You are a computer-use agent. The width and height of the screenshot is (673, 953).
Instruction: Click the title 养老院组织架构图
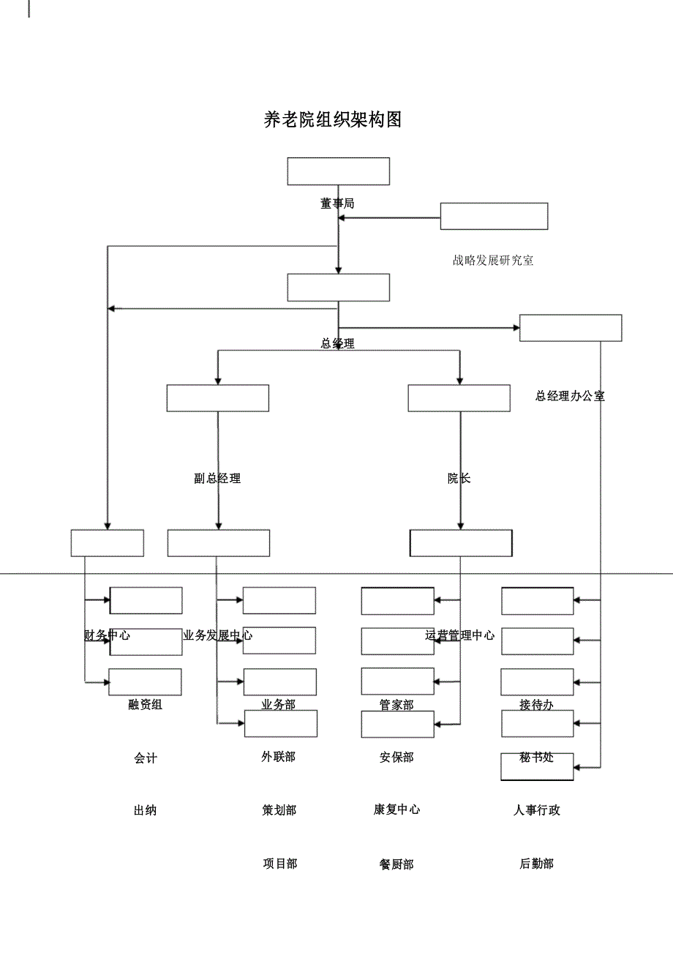tap(333, 120)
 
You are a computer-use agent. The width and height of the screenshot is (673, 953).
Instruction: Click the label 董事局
tap(337, 203)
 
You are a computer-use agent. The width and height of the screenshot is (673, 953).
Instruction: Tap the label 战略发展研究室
tap(493, 260)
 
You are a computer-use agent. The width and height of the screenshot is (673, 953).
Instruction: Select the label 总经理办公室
tap(570, 396)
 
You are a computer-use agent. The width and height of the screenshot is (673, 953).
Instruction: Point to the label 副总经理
tap(217, 479)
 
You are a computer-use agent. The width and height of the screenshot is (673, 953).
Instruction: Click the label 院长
tap(459, 479)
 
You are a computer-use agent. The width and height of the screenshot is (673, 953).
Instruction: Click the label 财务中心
tap(108, 635)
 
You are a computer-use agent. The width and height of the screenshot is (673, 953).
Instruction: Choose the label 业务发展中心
tap(217, 635)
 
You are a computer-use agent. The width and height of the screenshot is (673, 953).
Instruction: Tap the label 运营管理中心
tap(459, 635)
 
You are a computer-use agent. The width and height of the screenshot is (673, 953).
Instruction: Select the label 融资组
tap(145, 705)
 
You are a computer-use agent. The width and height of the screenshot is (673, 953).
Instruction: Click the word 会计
tap(145, 759)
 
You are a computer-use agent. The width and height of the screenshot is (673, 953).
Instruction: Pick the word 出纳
tap(145, 810)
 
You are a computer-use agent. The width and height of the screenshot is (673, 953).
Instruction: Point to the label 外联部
tap(279, 757)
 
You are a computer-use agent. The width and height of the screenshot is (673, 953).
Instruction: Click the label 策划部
tap(279, 810)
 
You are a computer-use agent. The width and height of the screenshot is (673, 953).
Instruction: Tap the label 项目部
tap(279, 864)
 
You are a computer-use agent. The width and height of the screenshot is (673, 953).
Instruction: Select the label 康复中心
tap(396, 810)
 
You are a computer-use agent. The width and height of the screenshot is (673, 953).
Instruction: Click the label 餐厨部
tap(396, 864)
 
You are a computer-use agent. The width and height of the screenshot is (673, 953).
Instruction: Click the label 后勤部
tap(536, 864)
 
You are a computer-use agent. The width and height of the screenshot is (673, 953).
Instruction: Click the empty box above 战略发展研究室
tap(494, 216)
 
